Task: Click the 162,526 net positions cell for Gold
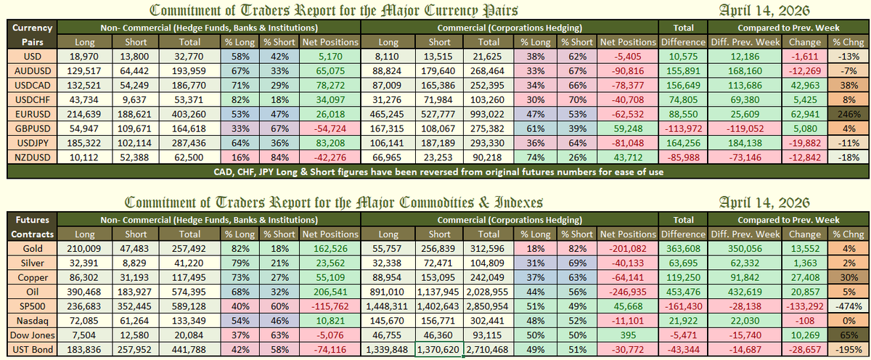pos(331,249)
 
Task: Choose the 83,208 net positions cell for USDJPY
pos(331,143)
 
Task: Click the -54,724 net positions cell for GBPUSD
pos(331,128)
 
